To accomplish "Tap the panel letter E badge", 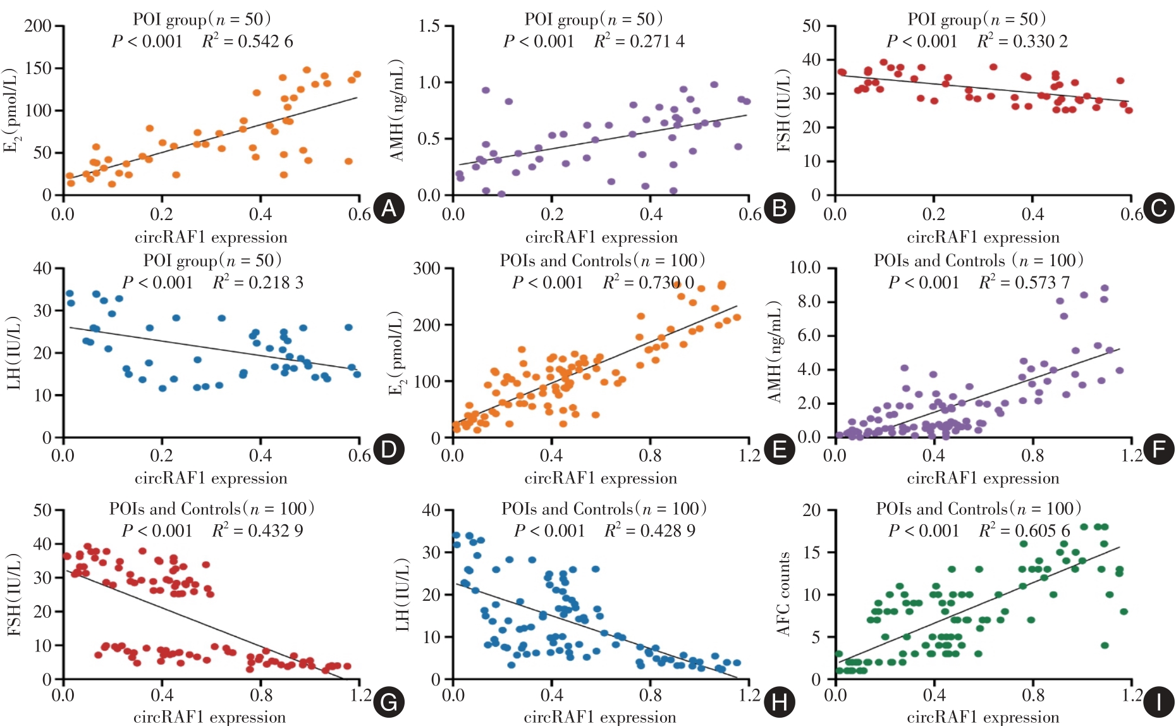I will [780, 450].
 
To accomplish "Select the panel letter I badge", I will [1159, 703].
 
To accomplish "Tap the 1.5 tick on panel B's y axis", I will [429, 26].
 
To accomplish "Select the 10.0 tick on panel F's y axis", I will [804, 268].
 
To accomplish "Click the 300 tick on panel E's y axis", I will [427, 268].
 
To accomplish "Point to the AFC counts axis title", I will [784, 594].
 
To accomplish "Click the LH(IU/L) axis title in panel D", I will [14, 353].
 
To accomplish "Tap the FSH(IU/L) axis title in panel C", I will [784, 110].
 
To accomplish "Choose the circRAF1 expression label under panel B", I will [601, 238].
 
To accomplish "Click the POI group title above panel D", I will [212, 261].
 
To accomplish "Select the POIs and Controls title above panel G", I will [212, 509].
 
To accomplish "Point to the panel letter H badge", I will [780, 703].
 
